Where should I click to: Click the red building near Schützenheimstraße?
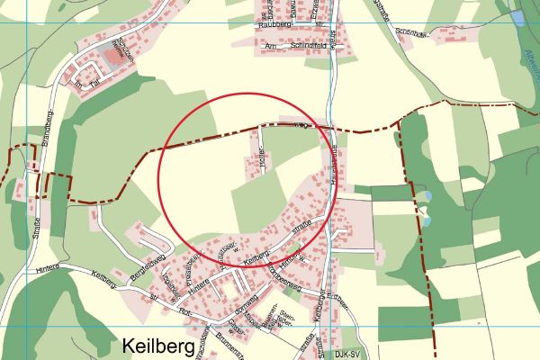click(112, 57)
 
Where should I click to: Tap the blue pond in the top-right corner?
click(517, 17)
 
